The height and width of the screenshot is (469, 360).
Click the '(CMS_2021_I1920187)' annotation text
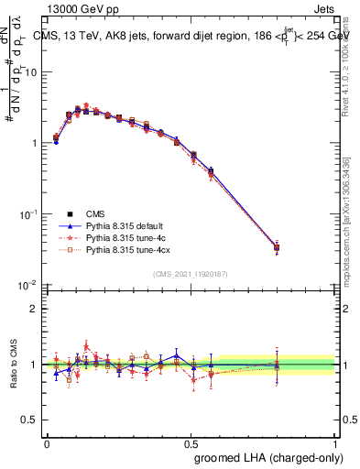[191, 273]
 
